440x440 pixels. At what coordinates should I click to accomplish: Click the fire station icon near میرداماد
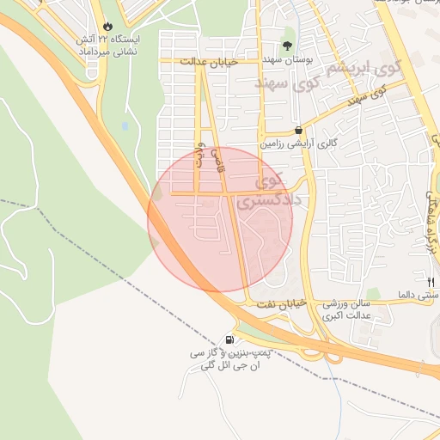107,26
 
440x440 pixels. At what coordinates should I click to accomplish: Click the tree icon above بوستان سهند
287,46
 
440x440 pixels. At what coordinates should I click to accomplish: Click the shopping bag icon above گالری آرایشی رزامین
298,131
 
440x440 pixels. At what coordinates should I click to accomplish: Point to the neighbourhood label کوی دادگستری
259,192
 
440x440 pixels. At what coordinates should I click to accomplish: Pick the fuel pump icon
229,339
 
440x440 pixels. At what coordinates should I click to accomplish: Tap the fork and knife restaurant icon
431,279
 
